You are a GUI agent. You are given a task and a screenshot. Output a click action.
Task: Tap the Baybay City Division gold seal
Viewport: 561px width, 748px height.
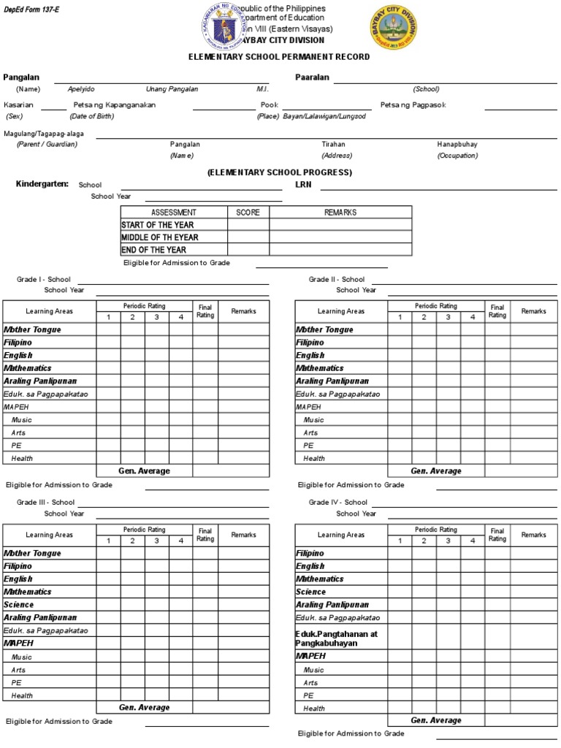point(395,28)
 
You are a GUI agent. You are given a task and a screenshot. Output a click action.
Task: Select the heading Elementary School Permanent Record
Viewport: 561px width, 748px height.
point(280,57)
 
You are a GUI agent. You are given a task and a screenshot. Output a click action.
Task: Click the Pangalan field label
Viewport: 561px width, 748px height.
point(21,77)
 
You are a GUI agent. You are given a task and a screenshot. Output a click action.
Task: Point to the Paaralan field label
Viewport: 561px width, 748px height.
point(312,77)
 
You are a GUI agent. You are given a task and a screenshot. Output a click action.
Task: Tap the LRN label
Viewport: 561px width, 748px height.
point(303,185)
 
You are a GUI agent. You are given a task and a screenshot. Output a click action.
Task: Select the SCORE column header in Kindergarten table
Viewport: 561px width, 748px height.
point(248,213)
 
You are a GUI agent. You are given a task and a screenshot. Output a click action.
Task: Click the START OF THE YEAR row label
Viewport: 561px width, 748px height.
point(158,225)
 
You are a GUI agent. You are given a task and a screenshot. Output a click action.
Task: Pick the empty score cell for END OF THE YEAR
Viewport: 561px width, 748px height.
point(248,250)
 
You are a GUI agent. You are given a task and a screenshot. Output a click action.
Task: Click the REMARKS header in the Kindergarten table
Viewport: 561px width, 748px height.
point(340,213)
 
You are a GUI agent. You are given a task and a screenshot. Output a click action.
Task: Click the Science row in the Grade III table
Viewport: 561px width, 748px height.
point(19,605)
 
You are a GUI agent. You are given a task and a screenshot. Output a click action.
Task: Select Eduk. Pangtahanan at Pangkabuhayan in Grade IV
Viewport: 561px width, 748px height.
point(337,638)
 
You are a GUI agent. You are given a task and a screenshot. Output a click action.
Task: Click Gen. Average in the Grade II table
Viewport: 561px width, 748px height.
point(436,471)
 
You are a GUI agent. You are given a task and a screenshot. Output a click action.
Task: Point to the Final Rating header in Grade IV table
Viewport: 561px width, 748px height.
point(497,535)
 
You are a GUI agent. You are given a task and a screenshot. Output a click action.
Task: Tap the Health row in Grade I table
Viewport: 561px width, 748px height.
point(22,459)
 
